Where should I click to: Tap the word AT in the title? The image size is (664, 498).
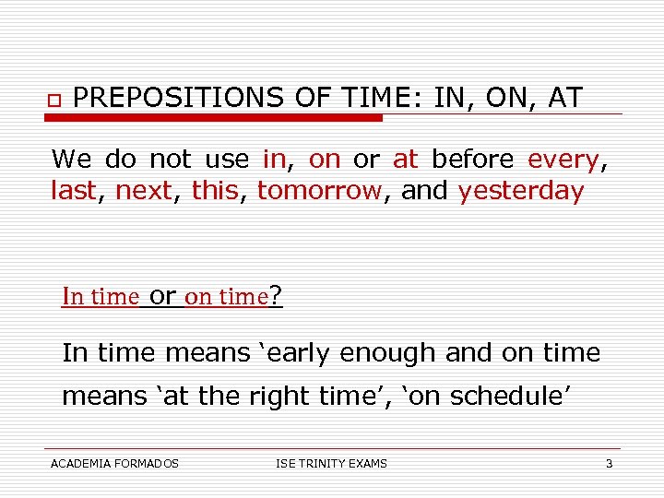[563, 98]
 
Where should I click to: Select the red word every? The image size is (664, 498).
[563, 160]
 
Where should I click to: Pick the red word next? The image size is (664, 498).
[143, 191]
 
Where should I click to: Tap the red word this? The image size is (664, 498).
[215, 191]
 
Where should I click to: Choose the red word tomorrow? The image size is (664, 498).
[319, 191]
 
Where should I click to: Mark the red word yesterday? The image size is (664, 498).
[520, 191]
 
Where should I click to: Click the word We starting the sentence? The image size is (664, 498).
[71, 160]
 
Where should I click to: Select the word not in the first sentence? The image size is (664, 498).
[170, 160]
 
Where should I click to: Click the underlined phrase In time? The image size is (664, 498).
[100, 297]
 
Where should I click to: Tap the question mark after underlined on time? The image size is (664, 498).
[276, 296]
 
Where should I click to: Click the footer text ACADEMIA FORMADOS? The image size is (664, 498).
[114, 463]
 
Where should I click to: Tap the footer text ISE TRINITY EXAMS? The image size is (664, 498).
[331, 463]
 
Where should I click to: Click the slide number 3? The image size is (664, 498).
[609, 463]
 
